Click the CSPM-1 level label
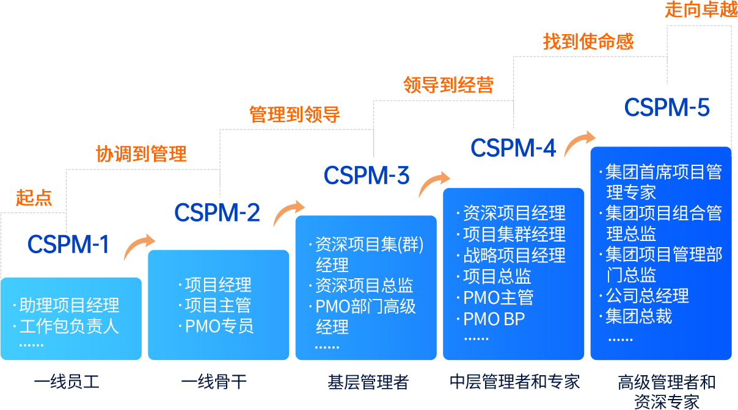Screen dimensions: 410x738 point(68,245)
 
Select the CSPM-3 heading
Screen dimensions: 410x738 point(367,176)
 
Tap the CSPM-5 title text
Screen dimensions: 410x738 point(667,109)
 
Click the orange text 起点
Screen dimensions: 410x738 point(34,198)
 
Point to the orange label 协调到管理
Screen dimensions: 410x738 point(141,154)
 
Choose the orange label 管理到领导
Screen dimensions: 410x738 point(294,115)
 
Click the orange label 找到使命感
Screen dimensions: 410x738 point(588,41)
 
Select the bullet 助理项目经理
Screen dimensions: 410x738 point(69,305)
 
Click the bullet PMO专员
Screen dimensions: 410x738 point(219,326)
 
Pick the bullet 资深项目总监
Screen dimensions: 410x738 point(364,286)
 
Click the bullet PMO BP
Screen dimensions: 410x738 point(494,318)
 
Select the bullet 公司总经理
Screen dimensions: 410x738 point(647,296)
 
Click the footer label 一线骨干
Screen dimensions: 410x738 point(214,383)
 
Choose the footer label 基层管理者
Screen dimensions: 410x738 point(367,383)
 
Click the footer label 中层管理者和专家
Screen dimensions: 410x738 point(514,383)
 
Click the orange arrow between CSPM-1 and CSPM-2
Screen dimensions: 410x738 point(139,246)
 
